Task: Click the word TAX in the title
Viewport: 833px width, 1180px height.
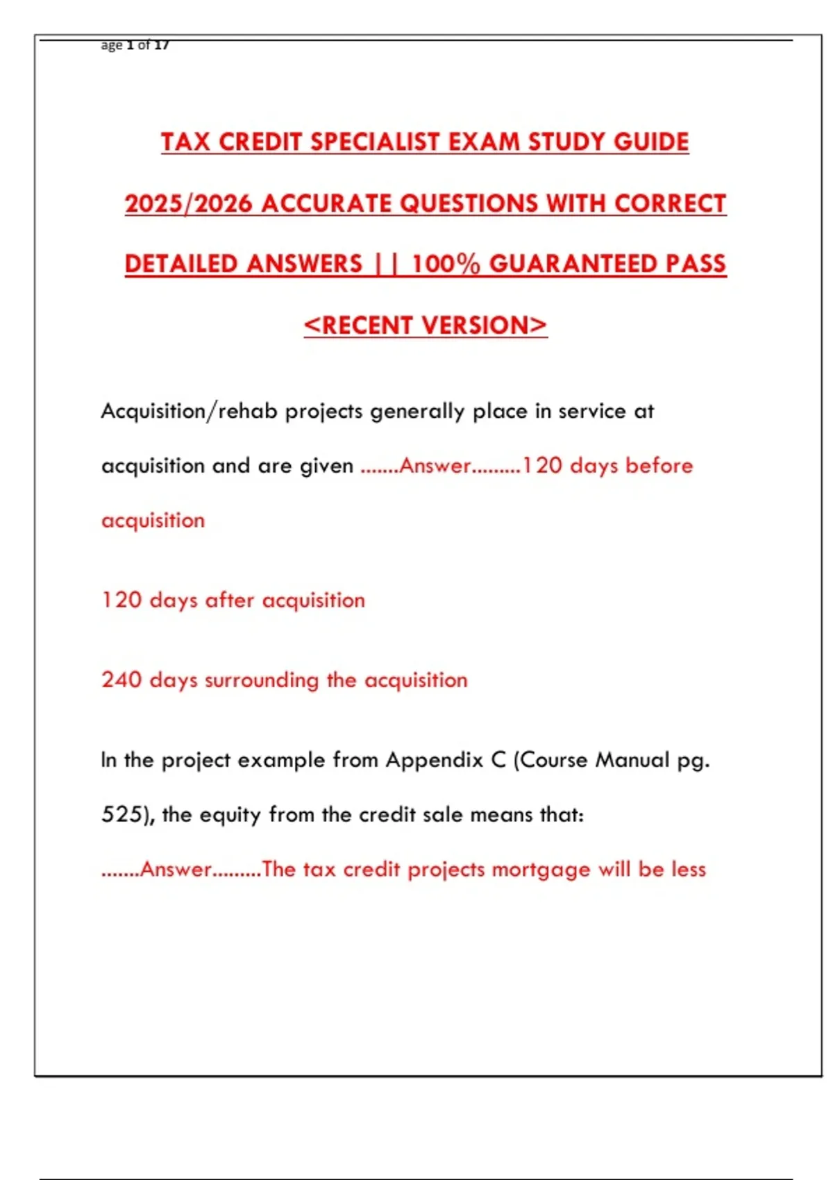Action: [x=186, y=142]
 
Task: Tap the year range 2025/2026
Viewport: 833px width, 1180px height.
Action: [x=188, y=203]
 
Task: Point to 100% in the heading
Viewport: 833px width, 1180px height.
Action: [x=446, y=264]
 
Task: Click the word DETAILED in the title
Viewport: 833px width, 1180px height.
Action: [x=181, y=264]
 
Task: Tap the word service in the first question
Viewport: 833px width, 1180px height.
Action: [x=592, y=411]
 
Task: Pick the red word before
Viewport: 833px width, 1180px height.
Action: [x=659, y=465]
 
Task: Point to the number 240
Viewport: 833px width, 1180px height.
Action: [x=121, y=680]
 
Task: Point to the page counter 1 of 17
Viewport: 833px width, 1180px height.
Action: [x=147, y=45]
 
